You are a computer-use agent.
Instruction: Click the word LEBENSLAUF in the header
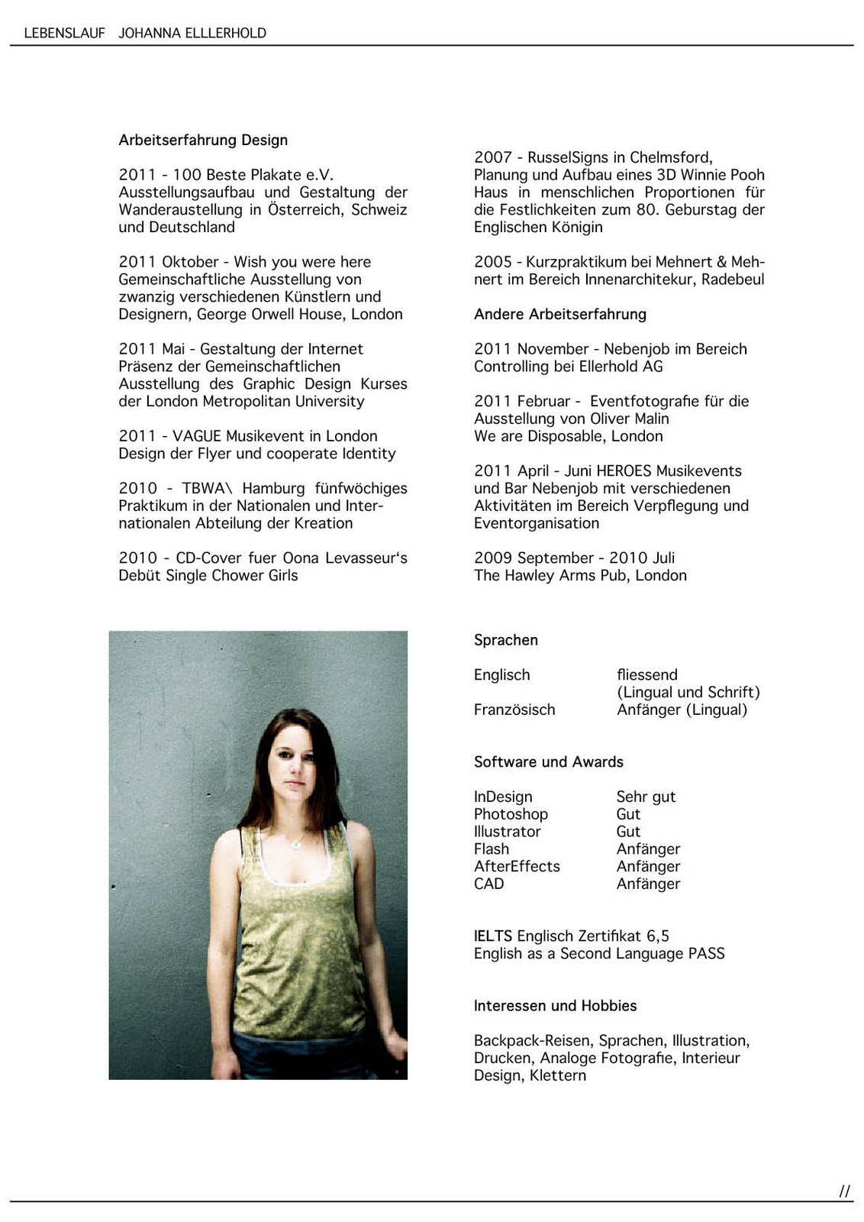(64, 33)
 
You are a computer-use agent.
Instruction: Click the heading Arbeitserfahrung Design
(203, 140)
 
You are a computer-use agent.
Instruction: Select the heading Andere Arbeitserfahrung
(559, 314)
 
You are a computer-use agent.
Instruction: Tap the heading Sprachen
(505, 640)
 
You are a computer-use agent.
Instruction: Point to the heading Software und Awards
(548, 761)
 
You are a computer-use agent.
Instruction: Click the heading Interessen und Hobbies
(555, 1005)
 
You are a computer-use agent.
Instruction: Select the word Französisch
(514, 710)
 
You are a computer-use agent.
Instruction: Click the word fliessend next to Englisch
(646, 674)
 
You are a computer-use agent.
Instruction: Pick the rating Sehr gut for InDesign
(646, 797)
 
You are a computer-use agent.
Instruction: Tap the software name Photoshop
(511, 814)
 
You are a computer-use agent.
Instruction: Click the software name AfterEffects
(517, 866)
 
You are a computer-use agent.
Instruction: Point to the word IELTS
(492, 936)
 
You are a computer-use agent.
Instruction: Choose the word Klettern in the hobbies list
(558, 1075)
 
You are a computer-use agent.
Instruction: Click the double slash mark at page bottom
(844, 1191)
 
